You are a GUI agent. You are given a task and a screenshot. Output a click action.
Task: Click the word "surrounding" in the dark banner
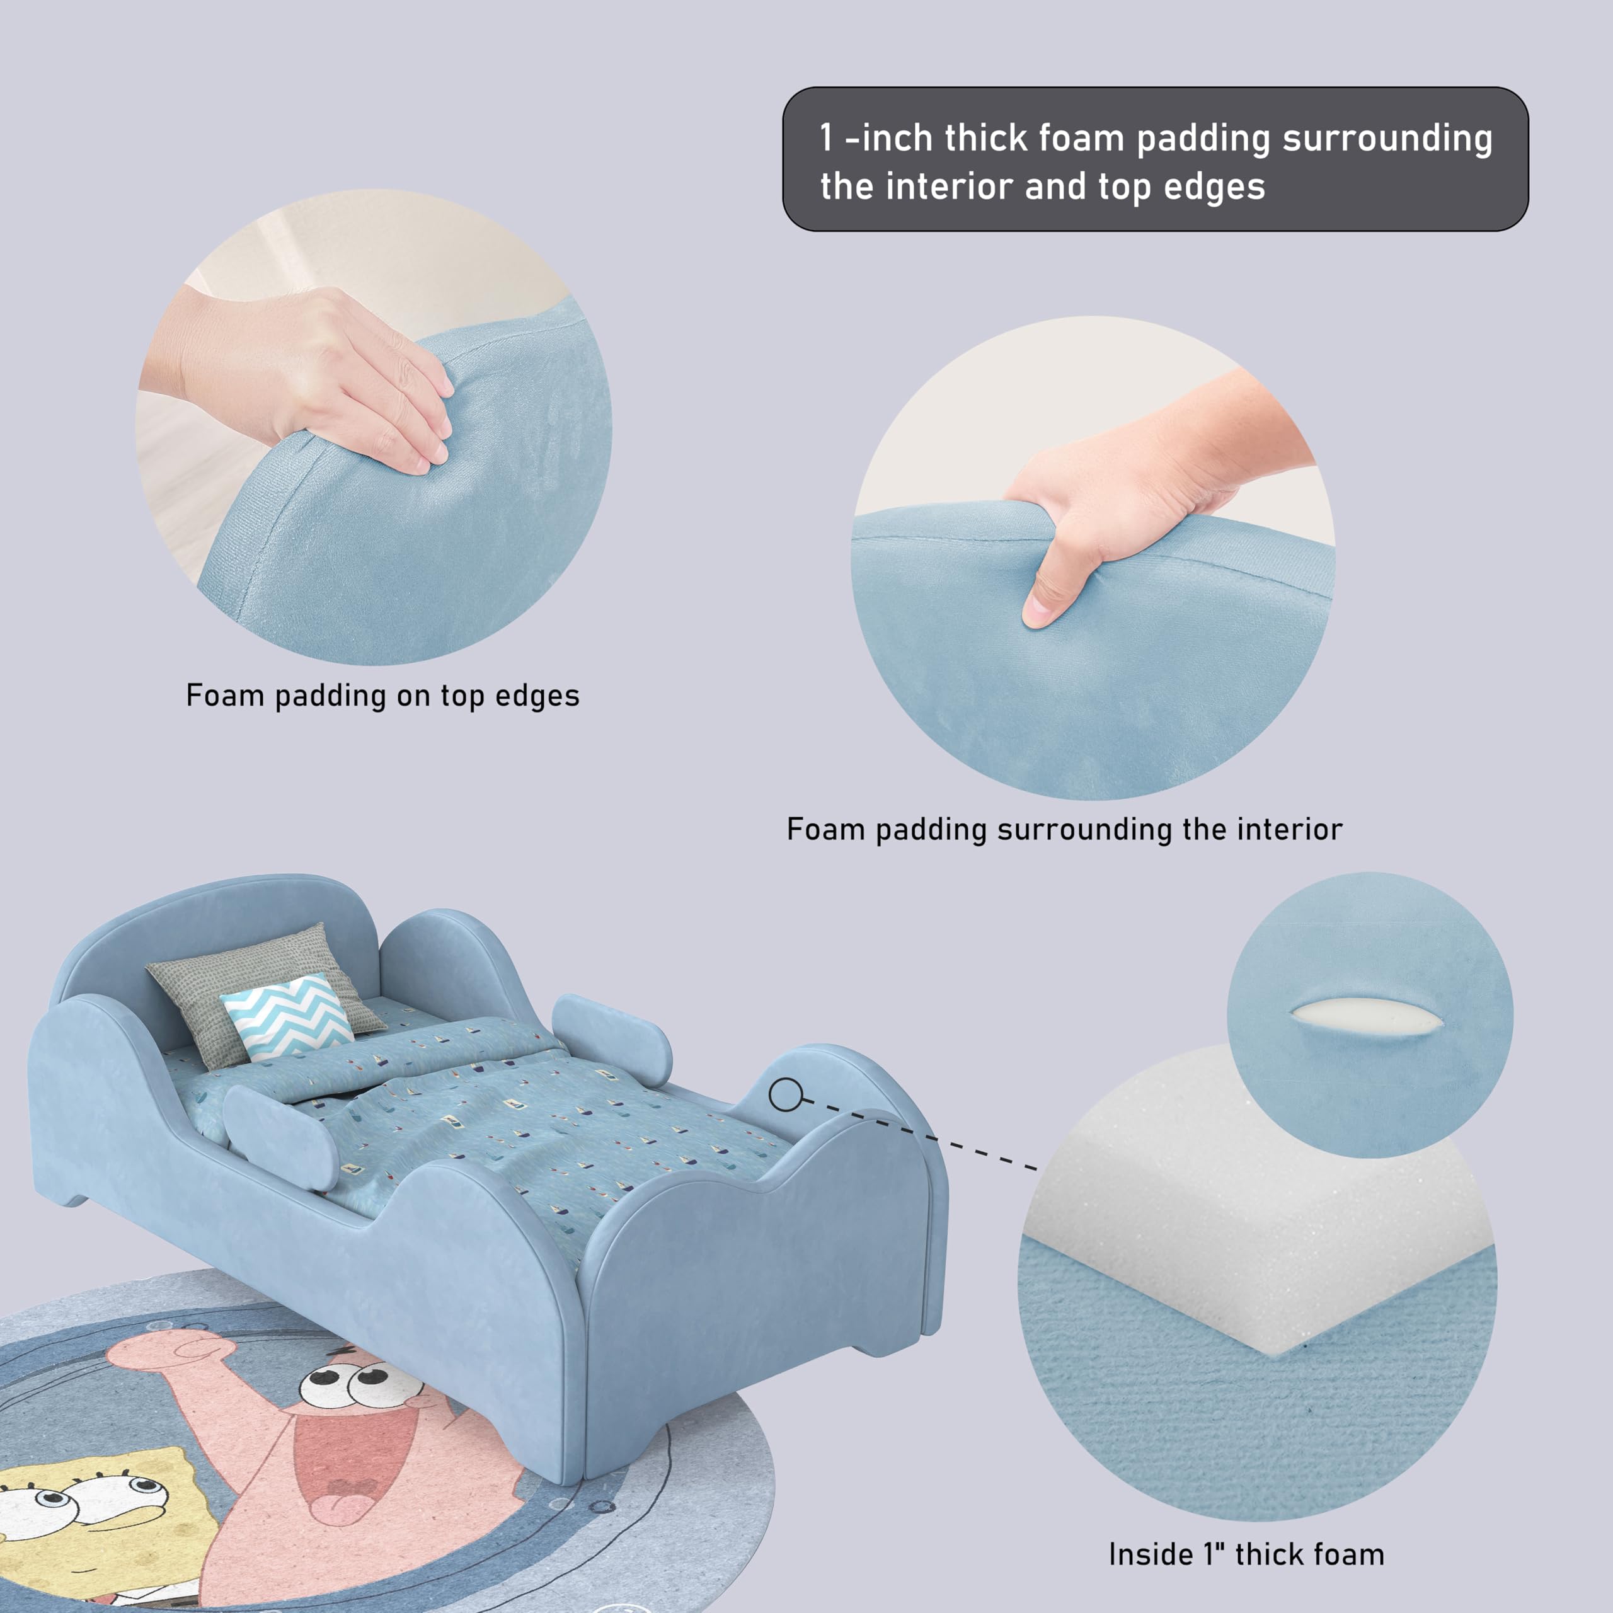click(x=1386, y=139)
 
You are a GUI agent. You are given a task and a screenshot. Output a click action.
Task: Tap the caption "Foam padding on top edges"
click(x=382, y=696)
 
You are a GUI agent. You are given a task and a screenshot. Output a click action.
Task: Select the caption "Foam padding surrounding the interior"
click(x=1064, y=829)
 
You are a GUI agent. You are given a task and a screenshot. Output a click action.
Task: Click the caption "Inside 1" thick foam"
click(x=1246, y=1554)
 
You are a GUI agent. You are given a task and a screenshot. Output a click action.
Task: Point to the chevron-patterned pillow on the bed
click(x=286, y=1014)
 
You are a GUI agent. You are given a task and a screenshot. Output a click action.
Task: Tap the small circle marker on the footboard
click(x=785, y=1094)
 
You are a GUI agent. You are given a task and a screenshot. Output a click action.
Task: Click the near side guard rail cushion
click(x=280, y=1135)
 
